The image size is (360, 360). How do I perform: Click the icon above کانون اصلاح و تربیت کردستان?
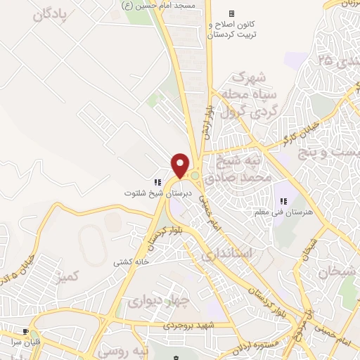pyautogui.click(x=232, y=13)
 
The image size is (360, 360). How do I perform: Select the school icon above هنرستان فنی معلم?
pyautogui.click(x=283, y=202)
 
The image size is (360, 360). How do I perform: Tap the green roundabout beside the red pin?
pyautogui.click(x=194, y=175)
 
